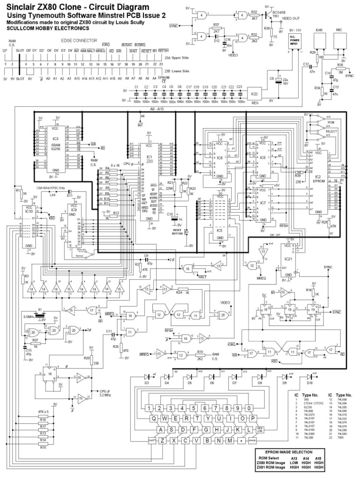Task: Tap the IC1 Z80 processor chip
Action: (x=150, y=178)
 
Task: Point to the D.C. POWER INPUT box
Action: (x=297, y=43)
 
